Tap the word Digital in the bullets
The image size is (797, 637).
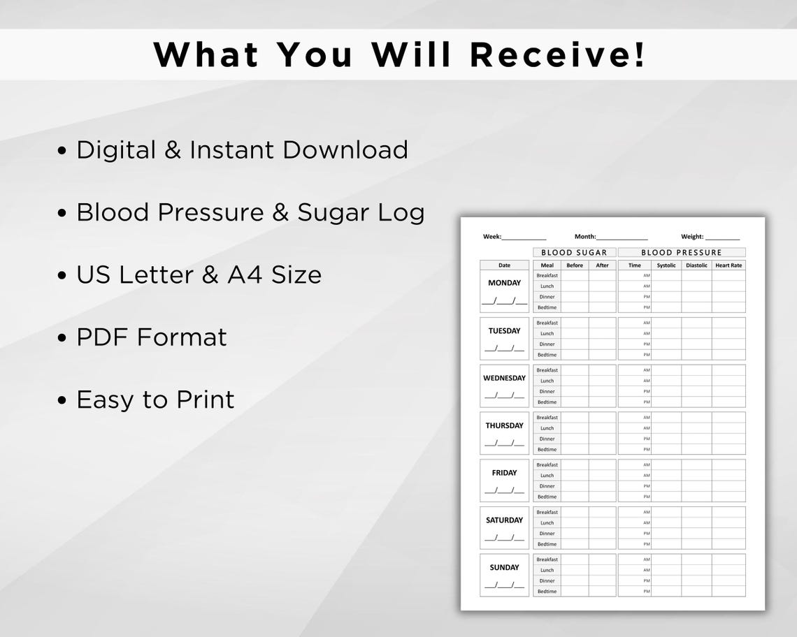coord(116,150)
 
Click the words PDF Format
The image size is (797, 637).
coord(152,337)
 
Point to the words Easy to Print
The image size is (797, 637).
coord(155,400)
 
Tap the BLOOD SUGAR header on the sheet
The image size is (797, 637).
coord(574,252)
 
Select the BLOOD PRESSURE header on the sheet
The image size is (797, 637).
coord(681,252)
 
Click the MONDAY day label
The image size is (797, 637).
coord(504,283)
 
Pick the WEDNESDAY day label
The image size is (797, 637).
coord(504,378)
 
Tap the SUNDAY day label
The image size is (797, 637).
coord(504,567)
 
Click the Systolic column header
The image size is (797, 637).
coord(666,265)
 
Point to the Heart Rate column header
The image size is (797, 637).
coord(728,265)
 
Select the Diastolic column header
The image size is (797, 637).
coord(696,265)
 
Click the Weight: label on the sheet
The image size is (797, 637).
coord(692,237)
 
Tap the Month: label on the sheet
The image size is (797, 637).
coord(585,237)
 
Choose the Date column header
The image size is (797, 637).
coord(504,265)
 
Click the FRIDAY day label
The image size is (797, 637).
coord(504,473)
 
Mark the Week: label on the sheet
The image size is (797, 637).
coord(492,237)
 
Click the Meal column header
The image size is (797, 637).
coord(547,265)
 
